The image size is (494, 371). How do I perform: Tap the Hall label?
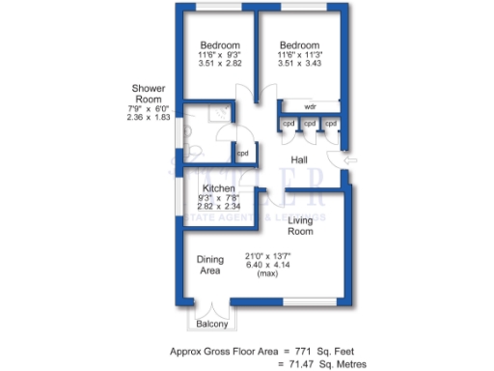(x=300, y=160)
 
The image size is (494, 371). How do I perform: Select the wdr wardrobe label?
(x=310, y=106)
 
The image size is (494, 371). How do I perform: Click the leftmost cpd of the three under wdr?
(x=288, y=124)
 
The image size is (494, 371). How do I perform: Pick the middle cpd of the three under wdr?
(x=310, y=124)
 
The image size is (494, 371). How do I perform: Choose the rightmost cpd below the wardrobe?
(x=330, y=124)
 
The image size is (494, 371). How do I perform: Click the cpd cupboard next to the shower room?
(x=243, y=154)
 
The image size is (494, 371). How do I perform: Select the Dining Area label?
(x=210, y=265)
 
